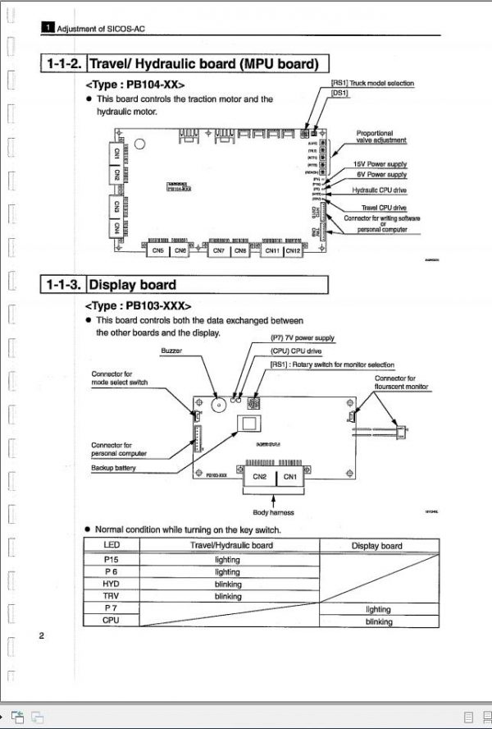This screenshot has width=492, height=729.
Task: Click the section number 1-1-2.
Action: [63, 64]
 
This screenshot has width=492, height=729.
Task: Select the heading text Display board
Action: [132, 285]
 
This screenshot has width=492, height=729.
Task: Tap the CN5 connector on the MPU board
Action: [158, 250]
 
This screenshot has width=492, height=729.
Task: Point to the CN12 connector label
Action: [293, 250]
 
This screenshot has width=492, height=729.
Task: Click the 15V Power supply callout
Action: [380, 164]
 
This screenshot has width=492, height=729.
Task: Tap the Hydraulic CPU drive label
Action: [379, 190]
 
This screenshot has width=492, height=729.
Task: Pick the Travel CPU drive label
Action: [383, 208]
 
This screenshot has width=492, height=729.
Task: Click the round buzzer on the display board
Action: [218, 406]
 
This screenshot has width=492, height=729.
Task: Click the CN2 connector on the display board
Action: [260, 476]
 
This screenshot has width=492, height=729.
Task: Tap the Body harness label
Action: [272, 513]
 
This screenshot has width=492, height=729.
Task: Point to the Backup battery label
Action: [113, 468]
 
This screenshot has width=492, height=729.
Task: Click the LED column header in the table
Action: [111, 545]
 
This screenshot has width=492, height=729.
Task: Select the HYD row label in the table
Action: [111, 585]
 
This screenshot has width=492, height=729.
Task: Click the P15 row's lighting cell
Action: [227, 559]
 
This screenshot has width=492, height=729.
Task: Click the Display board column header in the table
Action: [376, 545]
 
